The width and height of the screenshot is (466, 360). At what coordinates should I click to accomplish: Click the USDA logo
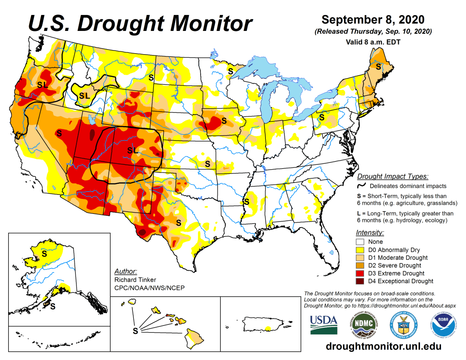coord(324,324)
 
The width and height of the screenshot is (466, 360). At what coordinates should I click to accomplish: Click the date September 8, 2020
coord(373,20)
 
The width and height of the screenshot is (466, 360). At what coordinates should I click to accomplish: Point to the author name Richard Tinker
coord(135,280)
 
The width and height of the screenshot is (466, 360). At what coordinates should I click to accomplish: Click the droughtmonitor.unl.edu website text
coord(384,346)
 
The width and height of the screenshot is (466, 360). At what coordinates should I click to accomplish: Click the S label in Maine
coord(378,66)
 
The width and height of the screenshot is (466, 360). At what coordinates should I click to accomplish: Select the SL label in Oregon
coord(43,85)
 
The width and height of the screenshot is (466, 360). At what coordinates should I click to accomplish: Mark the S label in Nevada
coord(58,133)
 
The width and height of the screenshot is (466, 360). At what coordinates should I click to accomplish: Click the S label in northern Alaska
coord(45,253)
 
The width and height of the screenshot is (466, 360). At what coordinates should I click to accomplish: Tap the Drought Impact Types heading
coord(392,177)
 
